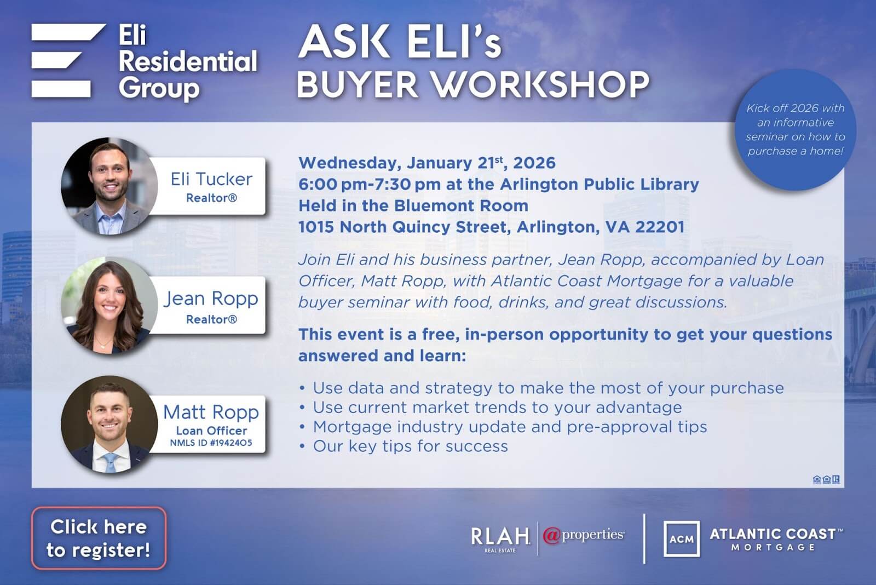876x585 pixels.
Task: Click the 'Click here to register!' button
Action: coord(99,538)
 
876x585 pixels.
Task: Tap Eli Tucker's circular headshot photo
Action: coord(109,187)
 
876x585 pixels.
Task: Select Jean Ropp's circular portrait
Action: coord(109,306)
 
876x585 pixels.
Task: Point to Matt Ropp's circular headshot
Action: coord(109,425)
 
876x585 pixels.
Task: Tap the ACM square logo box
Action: coord(681,539)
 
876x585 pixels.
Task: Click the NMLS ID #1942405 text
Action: coord(211,443)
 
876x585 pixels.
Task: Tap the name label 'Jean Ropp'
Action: coord(211,299)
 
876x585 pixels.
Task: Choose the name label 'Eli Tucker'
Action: coord(211,179)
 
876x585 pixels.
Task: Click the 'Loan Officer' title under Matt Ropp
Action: coord(211,431)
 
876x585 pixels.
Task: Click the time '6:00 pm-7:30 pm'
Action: coord(370,184)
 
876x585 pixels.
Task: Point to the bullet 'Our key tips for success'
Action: coord(410,446)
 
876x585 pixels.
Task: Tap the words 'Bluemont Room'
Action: coord(461,205)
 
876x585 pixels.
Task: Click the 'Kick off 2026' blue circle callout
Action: coord(795,130)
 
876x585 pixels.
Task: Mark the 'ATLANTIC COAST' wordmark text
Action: coord(773,534)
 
